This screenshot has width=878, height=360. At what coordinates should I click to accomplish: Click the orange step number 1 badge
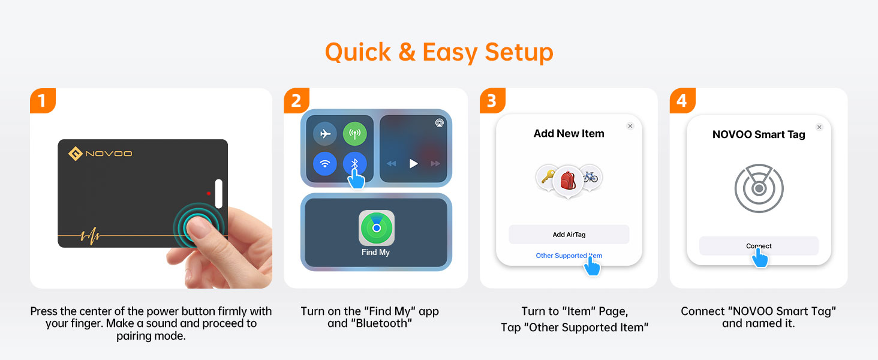[43, 100]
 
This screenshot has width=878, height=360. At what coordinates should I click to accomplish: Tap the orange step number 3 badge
[492, 100]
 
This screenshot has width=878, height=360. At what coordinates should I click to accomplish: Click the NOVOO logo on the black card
[100, 154]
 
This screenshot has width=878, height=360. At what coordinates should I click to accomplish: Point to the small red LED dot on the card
[209, 193]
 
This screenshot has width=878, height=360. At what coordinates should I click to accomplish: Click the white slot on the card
[219, 194]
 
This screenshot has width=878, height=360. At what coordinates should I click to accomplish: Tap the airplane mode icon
[325, 134]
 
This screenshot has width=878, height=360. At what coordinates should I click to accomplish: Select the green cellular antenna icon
[354, 134]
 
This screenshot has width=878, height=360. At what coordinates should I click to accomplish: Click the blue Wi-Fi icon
[325, 164]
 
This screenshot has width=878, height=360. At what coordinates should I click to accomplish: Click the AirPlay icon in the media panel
[440, 123]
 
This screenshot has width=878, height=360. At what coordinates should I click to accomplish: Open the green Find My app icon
[376, 228]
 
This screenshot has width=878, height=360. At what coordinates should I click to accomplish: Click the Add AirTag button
[569, 235]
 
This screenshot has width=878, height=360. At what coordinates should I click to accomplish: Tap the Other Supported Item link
[569, 256]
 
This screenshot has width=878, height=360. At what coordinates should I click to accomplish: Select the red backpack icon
[568, 181]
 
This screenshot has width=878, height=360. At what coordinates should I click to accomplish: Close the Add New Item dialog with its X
[630, 126]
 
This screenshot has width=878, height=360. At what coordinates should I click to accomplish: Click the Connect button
[759, 246]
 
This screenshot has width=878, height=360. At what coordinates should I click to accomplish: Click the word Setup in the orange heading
[519, 53]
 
